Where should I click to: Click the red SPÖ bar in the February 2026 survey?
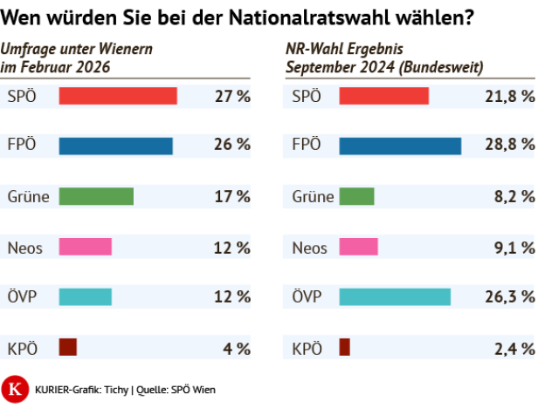[x=118, y=96]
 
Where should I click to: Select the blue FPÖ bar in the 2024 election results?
[x=399, y=146]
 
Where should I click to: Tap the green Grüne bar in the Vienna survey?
[x=96, y=196]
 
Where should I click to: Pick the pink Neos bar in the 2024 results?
[x=358, y=247]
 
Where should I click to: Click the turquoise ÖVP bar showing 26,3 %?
[x=395, y=297]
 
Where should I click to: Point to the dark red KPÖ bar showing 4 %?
[x=68, y=347]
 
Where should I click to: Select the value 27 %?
[x=232, y=96]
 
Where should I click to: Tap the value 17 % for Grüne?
[x=232, y=196]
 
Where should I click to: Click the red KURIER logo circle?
[x=15, y=389]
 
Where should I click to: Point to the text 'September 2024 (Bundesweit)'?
[x=385, y=66]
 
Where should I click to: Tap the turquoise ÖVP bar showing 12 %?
[x=86, y=297]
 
